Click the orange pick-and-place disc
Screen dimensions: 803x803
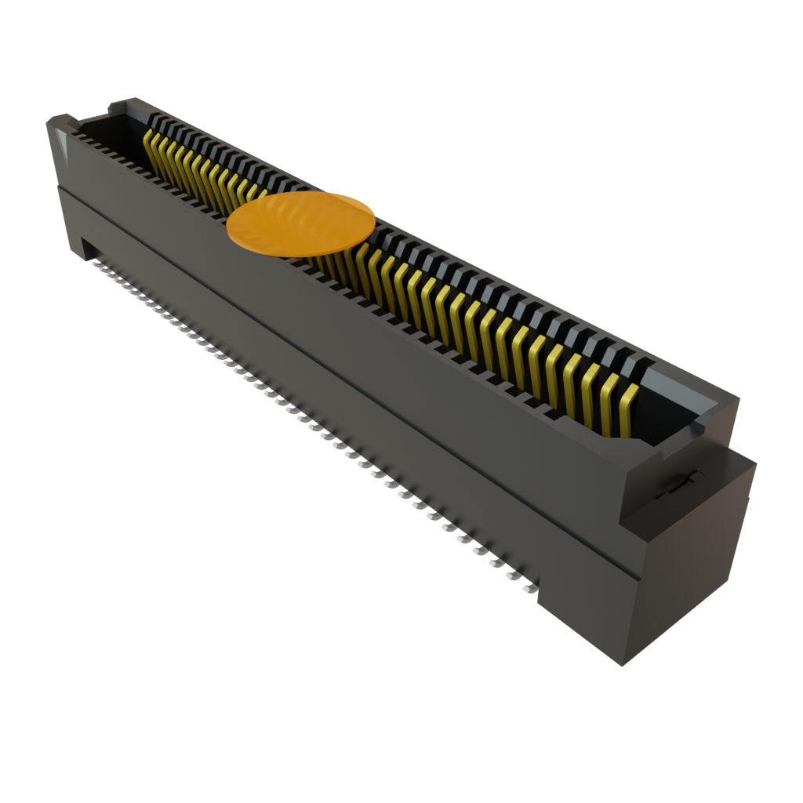click(301, 223)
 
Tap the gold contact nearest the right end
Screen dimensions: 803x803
click(626, 409)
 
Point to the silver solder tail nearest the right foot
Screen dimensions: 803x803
click(531, 587)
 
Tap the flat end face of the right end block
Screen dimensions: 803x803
click(690, 565)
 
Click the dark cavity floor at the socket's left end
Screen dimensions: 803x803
click(110, 129)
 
